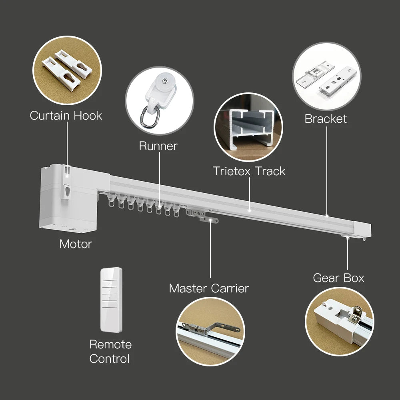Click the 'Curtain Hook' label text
coord(66,116)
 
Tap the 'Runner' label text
coord(158,146)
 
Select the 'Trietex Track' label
coord(249,171)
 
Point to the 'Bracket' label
coord(326,119)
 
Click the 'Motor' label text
coord(76,244)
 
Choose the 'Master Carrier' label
coord(209,288)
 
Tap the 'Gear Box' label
coord(338,278)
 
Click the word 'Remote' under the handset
coord(110,344)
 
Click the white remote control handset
coord(111,300)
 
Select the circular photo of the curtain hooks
coord(67,70)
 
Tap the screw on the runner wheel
coord(166,81)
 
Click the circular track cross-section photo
coord(248,127)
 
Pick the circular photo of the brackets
coord(326,76)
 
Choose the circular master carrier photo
coord(210,331)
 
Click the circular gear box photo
coord(340,322)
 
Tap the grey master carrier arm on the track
coord(202,216)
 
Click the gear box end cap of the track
coord(362,230)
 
